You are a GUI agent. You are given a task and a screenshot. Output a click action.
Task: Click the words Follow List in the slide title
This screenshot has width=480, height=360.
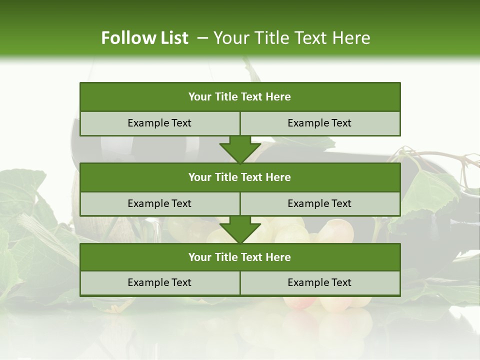[x=145, y=38]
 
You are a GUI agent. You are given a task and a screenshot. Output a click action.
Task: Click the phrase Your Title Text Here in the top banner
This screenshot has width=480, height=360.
[x=291, y=38]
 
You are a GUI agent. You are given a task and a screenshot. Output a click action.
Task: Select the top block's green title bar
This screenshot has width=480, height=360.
[x=240, y=97]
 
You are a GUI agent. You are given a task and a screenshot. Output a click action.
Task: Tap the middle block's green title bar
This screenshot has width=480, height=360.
[x=240, y=177]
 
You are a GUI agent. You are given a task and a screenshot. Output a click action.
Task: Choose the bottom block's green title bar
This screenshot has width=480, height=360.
[x=240, y=257]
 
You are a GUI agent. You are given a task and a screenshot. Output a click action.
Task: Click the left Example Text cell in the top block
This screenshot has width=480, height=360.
[x=159, y=123]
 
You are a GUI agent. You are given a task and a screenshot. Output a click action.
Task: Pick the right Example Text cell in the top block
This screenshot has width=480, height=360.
[x=319, y=123]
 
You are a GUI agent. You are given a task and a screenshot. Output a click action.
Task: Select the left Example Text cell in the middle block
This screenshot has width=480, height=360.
[x=159, y=204]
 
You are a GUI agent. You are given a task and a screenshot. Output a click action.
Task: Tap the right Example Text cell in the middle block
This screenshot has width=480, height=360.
[x=319, y=204]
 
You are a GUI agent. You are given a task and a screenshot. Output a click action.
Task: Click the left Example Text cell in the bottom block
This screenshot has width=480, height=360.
[x=159, y=283]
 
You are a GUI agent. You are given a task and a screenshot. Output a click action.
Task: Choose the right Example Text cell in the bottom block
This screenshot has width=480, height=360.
[x=319, y=283]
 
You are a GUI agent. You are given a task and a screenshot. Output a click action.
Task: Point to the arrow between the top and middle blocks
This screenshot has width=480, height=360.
[x=240, y=148]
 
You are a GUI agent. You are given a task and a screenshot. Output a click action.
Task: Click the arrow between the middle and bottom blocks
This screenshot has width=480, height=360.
[x=240, y=229]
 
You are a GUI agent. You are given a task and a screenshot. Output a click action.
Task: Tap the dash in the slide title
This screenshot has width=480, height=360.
[x=202, y=37]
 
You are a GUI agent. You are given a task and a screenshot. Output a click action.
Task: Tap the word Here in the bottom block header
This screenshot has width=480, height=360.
[x=278, y=257]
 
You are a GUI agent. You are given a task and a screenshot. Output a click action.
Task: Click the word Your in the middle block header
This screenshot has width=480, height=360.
[x=200, y=177]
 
